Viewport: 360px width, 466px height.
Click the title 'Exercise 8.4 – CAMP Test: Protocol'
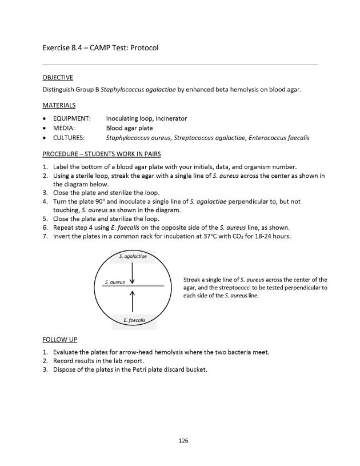click(100, 47)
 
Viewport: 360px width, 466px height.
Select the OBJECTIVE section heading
click(58, 77)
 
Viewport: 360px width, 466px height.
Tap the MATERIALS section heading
click(59, 105)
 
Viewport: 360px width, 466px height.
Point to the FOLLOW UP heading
click(59, 339)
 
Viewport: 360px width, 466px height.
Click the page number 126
click(183, 440)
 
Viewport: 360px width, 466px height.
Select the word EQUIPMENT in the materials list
click(71, 118)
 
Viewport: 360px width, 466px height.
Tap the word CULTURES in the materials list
click(69, 138)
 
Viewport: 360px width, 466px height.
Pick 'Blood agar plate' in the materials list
click(129, 128)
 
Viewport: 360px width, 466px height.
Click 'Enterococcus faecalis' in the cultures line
click(279, 138)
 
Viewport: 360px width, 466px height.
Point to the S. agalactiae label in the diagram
click(133, 257)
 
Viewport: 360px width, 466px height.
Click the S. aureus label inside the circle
click(115, 282)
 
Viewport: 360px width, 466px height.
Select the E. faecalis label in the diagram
click(133, 320)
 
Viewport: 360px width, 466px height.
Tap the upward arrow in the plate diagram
click(133, 300)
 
